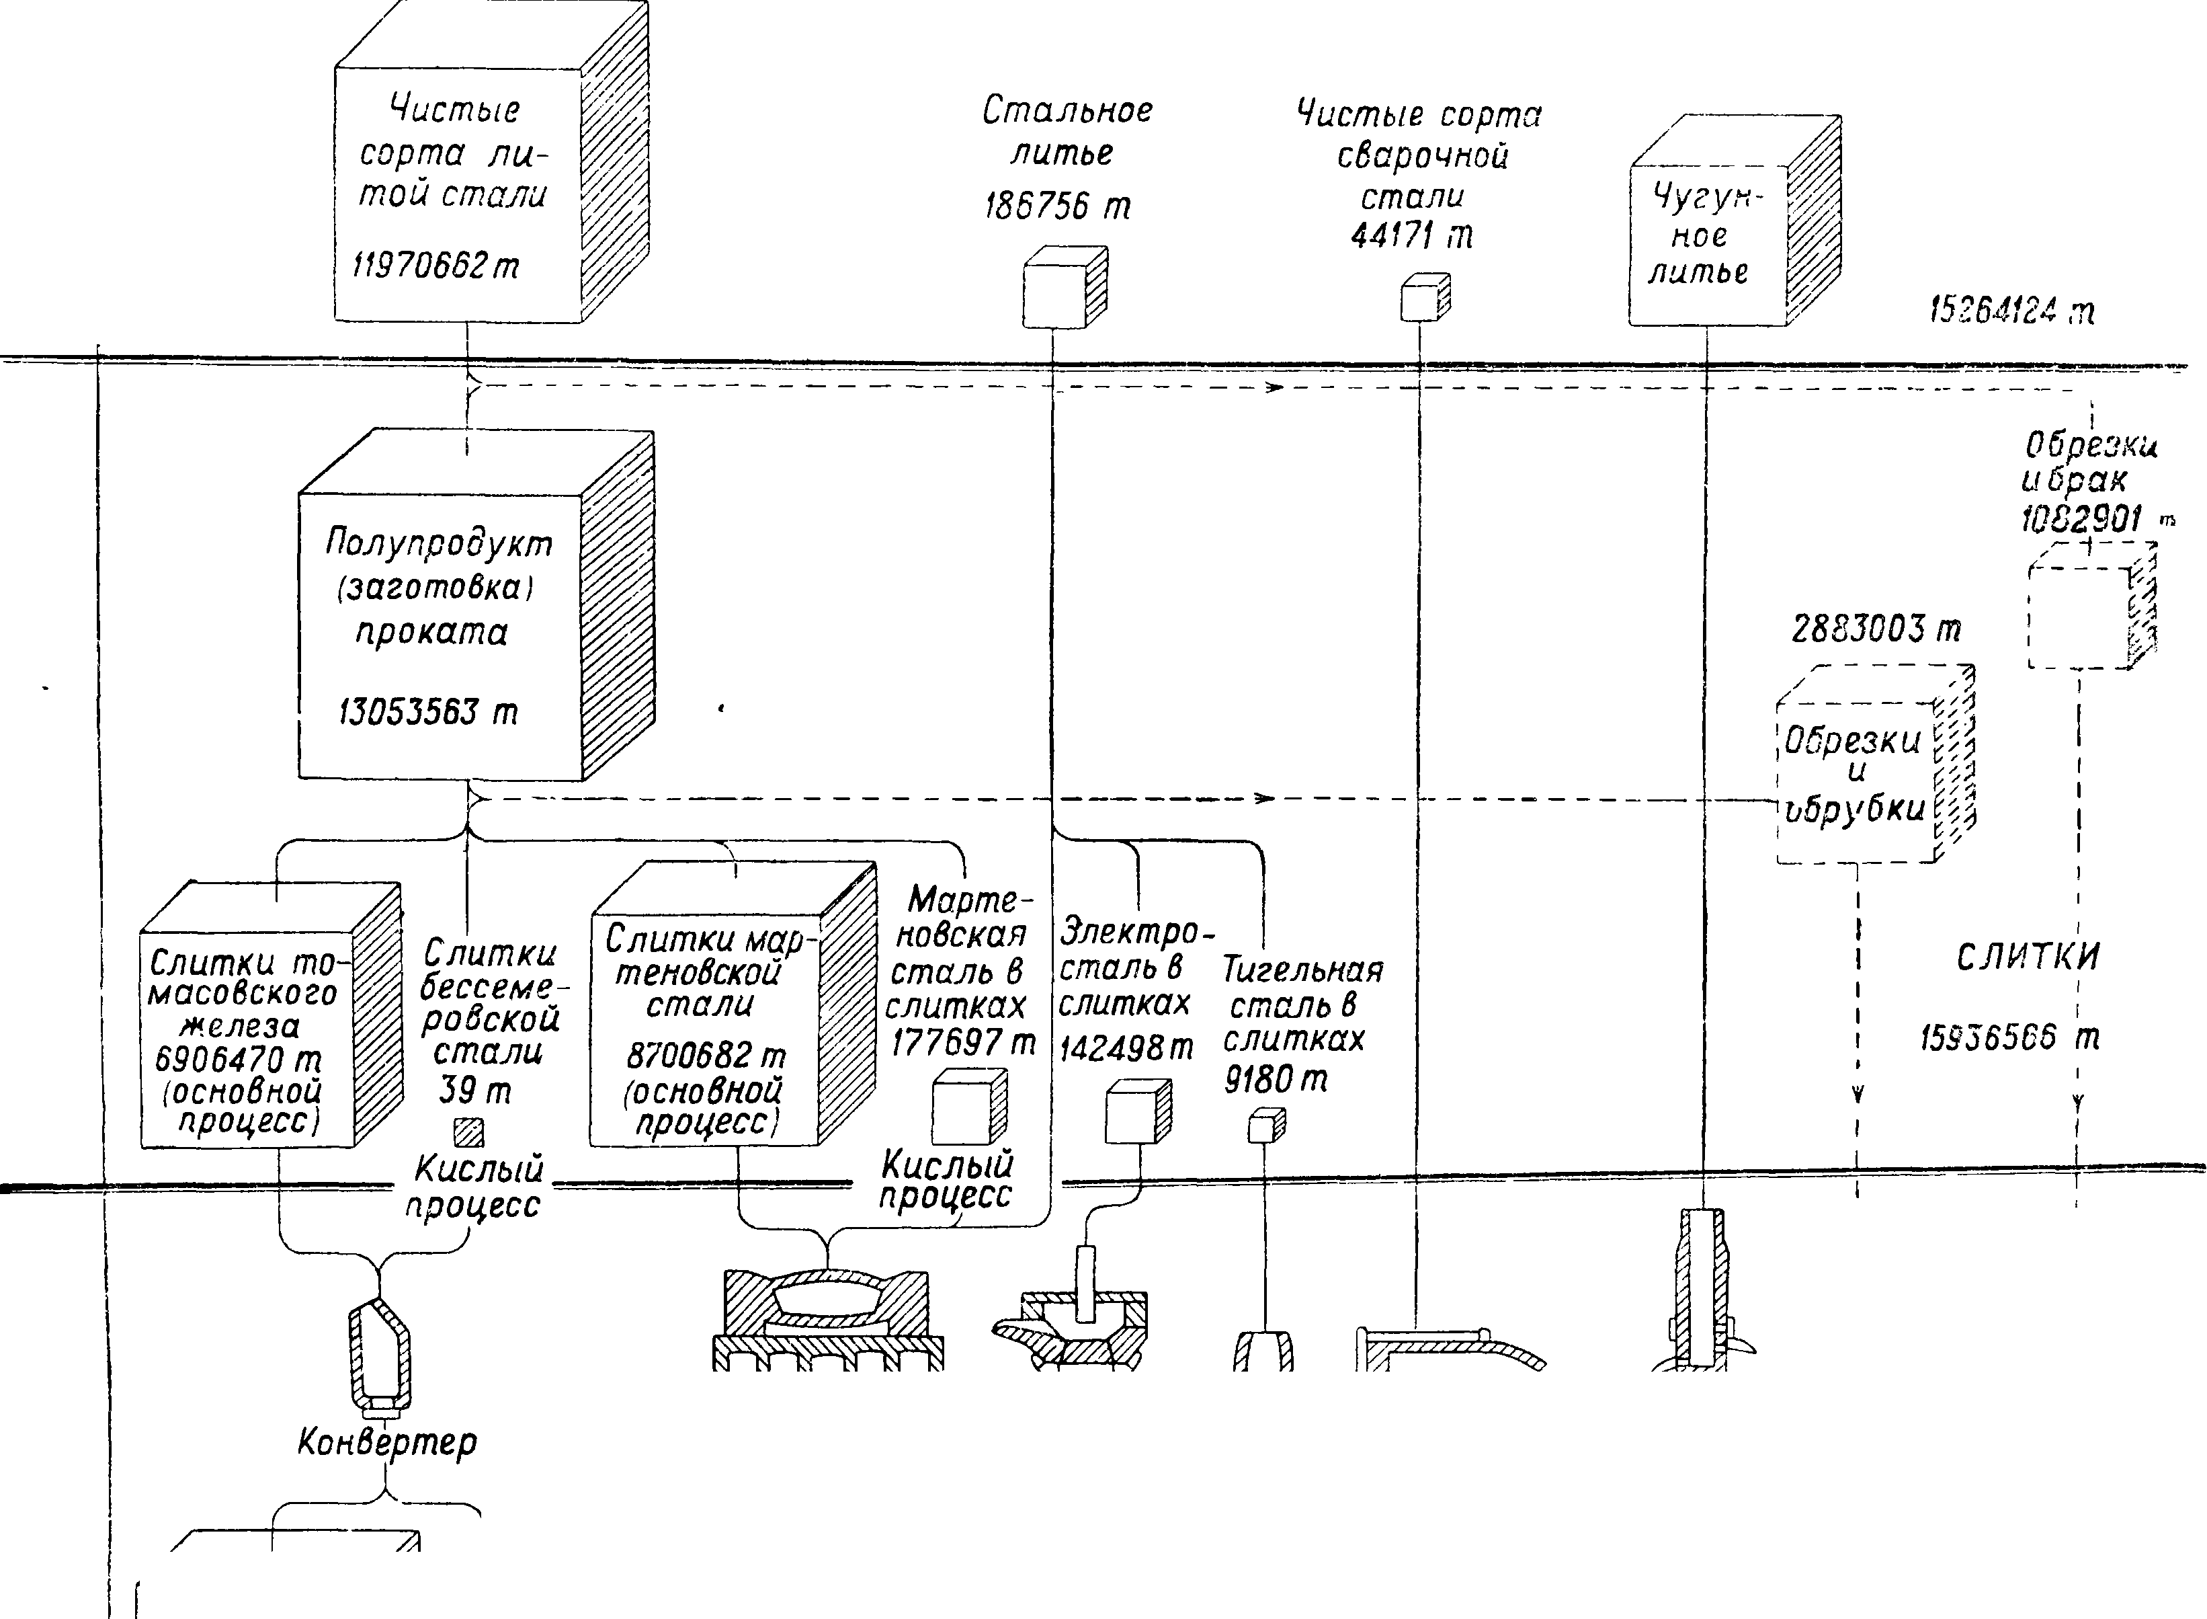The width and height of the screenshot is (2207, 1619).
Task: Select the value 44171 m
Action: [x=1411, y=236]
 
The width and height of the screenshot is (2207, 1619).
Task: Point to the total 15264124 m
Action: [x=2011, y=312]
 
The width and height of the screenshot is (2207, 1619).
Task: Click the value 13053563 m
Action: [x=428, y=711]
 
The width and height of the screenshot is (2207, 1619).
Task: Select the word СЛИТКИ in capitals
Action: [x=2028, y=957]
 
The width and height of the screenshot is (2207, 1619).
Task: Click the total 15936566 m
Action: [x=2008, y=1038]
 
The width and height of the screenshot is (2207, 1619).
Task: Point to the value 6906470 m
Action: [x=238, y=1060]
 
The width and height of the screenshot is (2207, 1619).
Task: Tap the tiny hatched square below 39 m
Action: [x=469, y=1133]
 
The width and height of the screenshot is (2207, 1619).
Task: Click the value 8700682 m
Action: [x=705, y=1056]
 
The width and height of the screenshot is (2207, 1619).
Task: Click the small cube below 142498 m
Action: [x=1136, y=1112]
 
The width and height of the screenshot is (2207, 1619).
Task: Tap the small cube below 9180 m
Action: [x=1265, y=1127]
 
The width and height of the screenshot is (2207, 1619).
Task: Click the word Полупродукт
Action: [x=439, y=543]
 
